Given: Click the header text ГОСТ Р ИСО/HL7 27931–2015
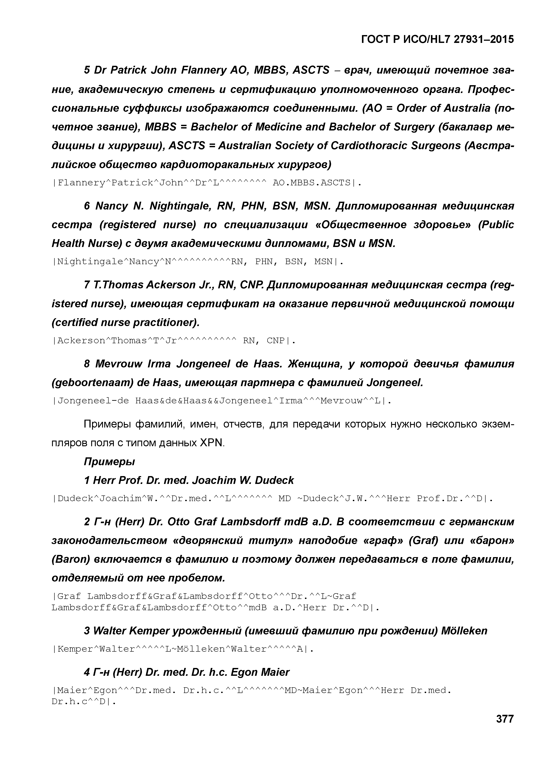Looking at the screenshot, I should point(437,40).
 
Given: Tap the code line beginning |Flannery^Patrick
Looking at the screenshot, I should point(206,183).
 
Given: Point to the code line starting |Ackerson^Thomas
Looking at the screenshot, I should point(173,341).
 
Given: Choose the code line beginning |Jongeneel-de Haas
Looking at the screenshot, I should point(221,401).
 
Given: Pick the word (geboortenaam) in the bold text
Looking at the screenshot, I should point(90,383).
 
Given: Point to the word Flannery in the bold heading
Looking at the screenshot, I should point(203,70).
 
